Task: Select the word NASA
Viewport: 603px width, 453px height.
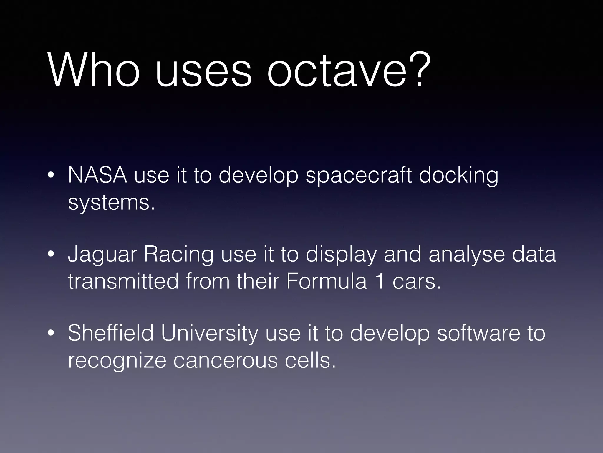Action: click(97, 175)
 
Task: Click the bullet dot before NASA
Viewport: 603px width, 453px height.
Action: click(51, 176)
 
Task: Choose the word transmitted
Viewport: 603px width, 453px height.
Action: click(123, 281)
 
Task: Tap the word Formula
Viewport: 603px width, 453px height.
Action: click(326, 281)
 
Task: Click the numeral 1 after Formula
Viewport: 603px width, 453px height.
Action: click(380, 281)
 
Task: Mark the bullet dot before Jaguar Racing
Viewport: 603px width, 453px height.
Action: click(51, 254)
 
